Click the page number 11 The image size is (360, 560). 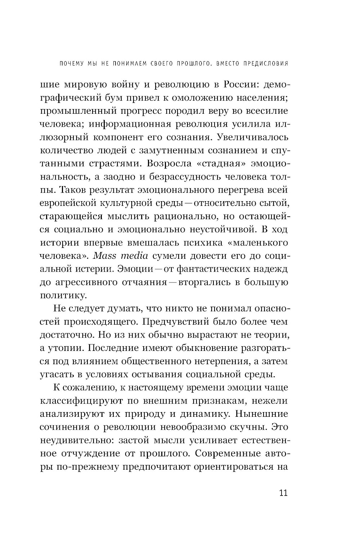pos(283,493)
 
